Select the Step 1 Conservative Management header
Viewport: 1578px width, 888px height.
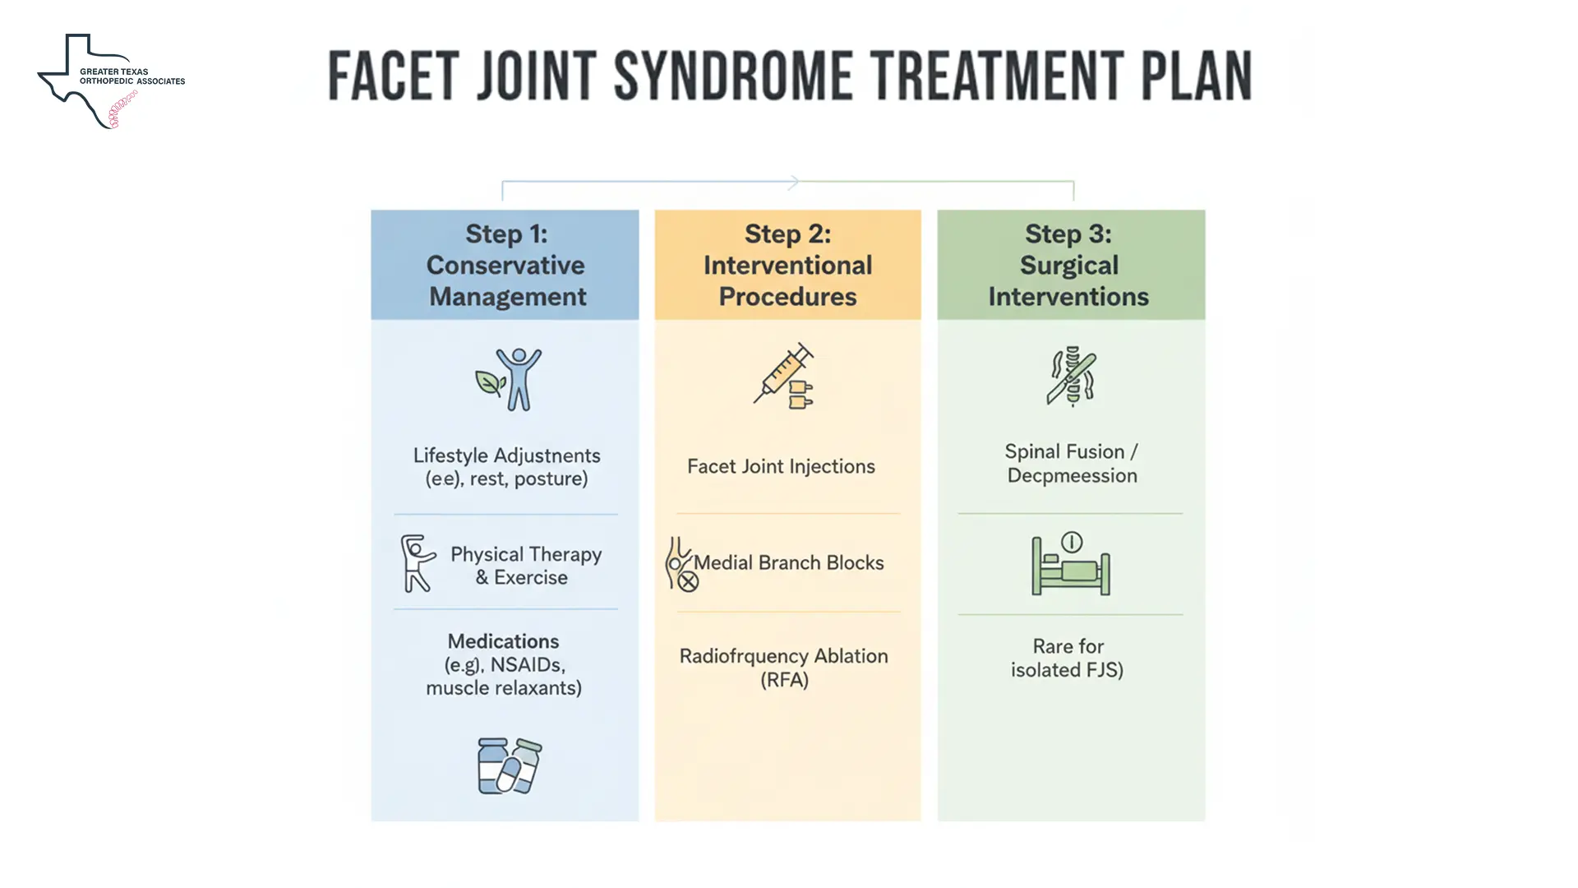click(x=505, y=265)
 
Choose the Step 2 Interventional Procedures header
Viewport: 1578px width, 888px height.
click(x=787, y=265)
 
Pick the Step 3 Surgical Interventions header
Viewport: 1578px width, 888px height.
click(x=1069, y=265)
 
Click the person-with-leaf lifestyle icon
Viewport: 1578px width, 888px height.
click(x=510, y=379)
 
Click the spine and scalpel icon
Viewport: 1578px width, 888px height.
click(x=1071, y=377)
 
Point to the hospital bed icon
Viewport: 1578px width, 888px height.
click(x=1071, y=564)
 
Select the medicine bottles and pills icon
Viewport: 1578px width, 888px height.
click(x=509, y=765)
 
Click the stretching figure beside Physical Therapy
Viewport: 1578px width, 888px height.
click(x=417, y=563)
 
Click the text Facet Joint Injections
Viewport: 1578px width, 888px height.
click(x=781, y=466)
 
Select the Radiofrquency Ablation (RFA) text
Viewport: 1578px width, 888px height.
click(x=784, y=667)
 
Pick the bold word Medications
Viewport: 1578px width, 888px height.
click(x=503, y=641)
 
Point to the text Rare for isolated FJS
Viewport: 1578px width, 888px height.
click(x=1068, y=658)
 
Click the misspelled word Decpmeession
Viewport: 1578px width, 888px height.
click(x=1072, y=476)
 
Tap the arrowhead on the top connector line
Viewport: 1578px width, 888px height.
click(x=793, y=182)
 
